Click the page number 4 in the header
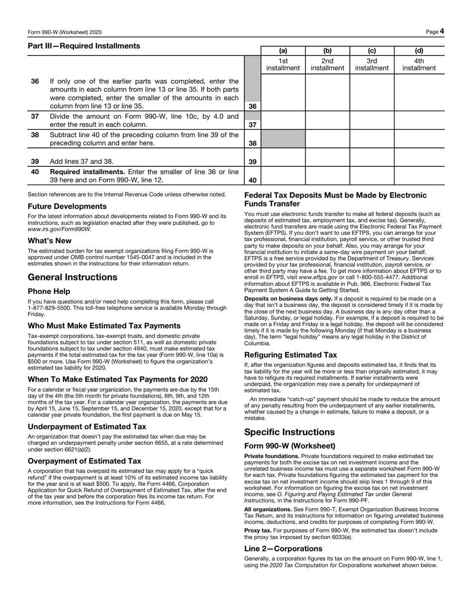click(x=441, y=31)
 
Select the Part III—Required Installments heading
click(x=84, y=46)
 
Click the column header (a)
click(x=283, y=51)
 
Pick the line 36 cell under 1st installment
click(x=283, y=92)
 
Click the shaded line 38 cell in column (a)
click(x=283, y=139)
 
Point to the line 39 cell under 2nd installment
click(x=327, y=157)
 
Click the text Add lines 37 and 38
click(x=82, y=162)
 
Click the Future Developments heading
click(x=67, y=206)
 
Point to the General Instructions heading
click(x=73, y=277)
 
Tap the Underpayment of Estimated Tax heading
click(x=87, y=426)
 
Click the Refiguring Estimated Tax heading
click(x=290, y=355)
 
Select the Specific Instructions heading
click(x=289, y=432)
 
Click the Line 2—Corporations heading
click(x=283, y=548)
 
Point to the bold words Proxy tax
click(x=258, y=530)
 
